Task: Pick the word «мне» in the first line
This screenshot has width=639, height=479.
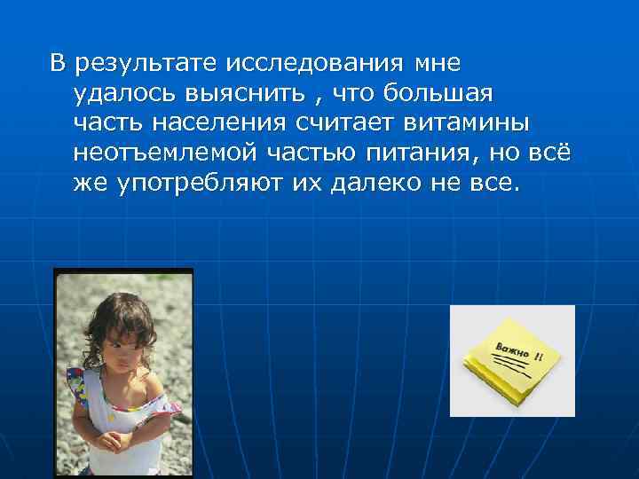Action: (x=438, y=64)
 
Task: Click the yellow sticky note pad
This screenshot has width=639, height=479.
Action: (x=509, y=364)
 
